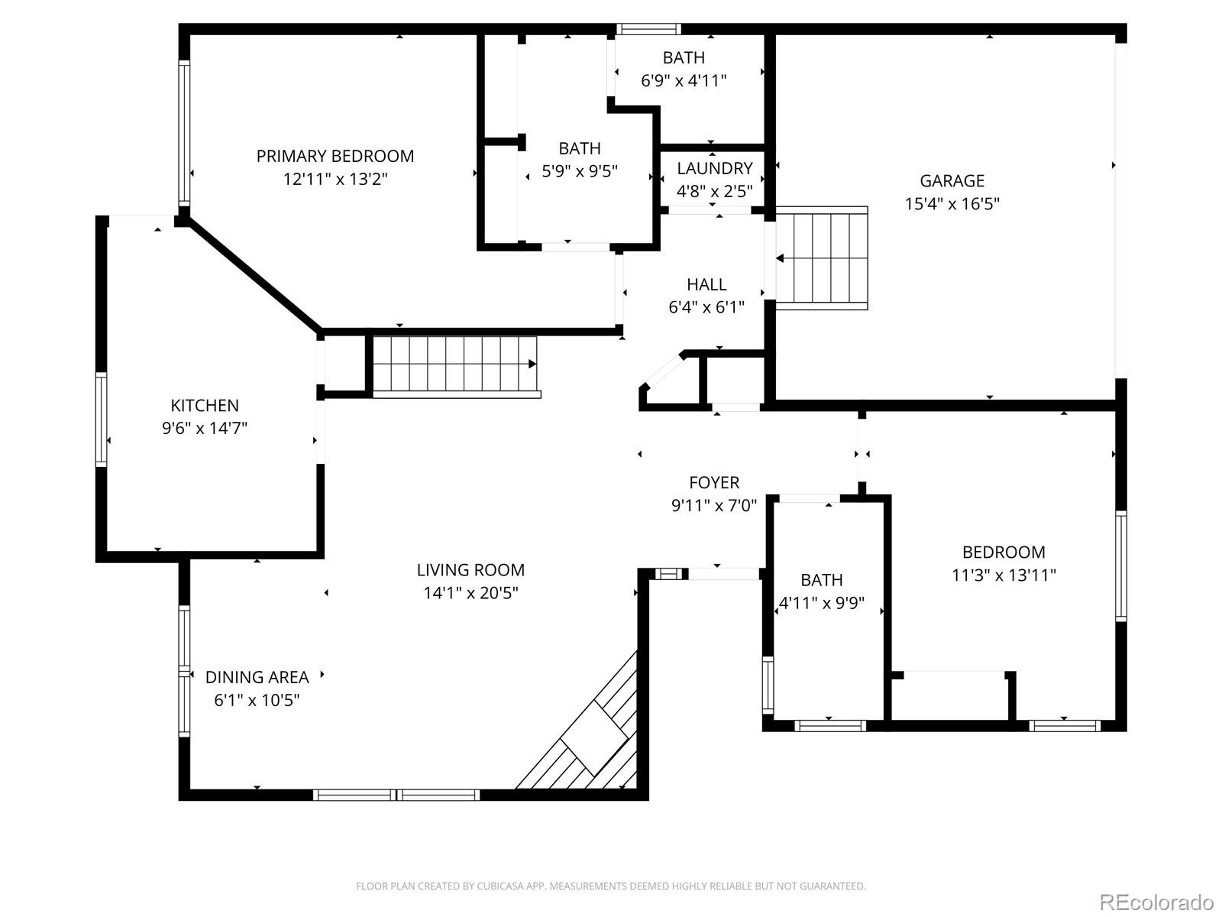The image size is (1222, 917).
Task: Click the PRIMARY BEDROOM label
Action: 335,156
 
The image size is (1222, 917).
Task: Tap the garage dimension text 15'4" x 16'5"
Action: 952,204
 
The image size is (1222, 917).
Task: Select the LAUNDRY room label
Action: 714,168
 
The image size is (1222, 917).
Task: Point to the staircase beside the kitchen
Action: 455,365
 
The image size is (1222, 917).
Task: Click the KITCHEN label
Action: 204,406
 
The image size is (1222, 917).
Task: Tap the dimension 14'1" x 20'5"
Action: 470,593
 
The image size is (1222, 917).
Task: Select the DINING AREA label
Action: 257,677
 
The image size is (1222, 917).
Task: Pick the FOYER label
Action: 714,483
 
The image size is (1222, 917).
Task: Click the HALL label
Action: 706,284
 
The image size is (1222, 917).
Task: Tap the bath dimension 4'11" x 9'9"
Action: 821,603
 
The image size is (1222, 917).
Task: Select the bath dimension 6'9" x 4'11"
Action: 684,80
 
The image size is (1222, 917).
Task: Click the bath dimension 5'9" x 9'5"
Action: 580,171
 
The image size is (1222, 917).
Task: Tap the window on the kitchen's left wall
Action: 101,419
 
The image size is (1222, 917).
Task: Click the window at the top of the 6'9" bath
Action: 648,29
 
